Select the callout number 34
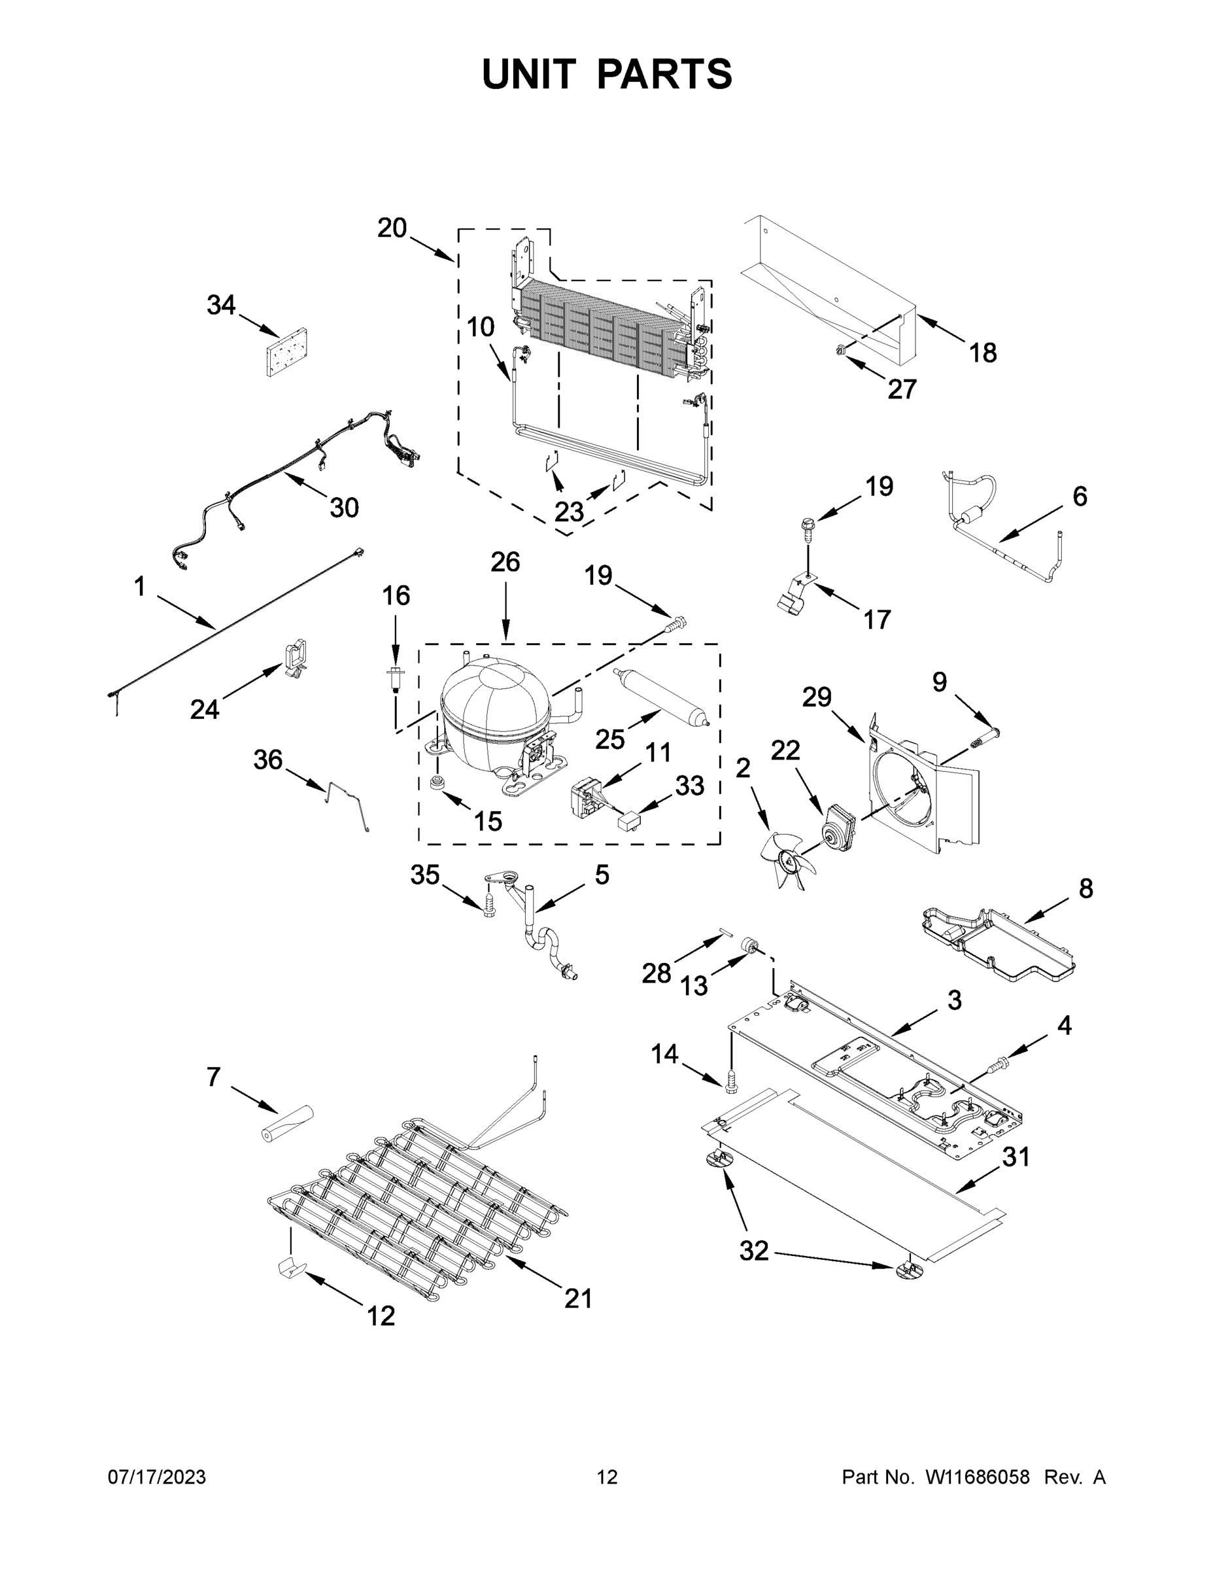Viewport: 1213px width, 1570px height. pos(221,305)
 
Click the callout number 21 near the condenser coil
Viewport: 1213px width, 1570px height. pos(578,1299)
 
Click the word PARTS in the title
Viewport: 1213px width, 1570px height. pos(664,75)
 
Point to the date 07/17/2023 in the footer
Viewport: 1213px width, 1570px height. pos(157,1476)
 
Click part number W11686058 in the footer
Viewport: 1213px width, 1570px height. pos(978,1476)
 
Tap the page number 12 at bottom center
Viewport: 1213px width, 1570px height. pos(607,1476)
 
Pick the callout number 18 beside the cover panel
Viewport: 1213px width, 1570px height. pos(983,353)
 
